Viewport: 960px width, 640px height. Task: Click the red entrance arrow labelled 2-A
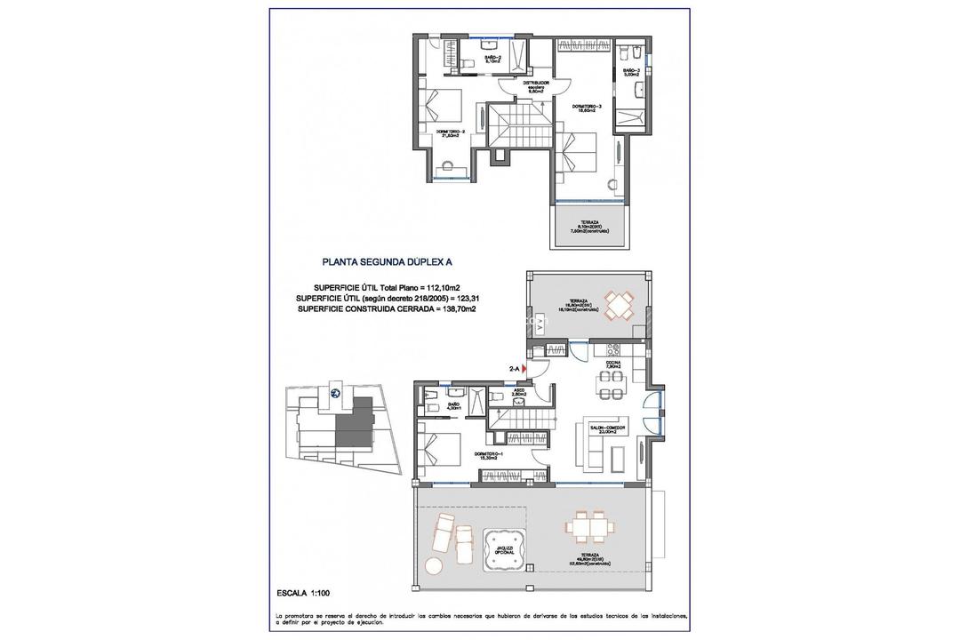tap(525, 366)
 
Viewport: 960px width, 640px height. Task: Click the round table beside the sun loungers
tap(434, 565)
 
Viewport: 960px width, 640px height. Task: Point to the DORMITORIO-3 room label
tap(587, 107)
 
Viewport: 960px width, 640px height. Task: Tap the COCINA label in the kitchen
tap(613, 364)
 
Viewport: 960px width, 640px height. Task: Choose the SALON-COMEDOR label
tap(608, 428)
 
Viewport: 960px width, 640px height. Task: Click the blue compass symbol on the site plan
tap(335, 393)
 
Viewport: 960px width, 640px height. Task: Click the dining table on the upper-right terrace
tap(619, 303)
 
